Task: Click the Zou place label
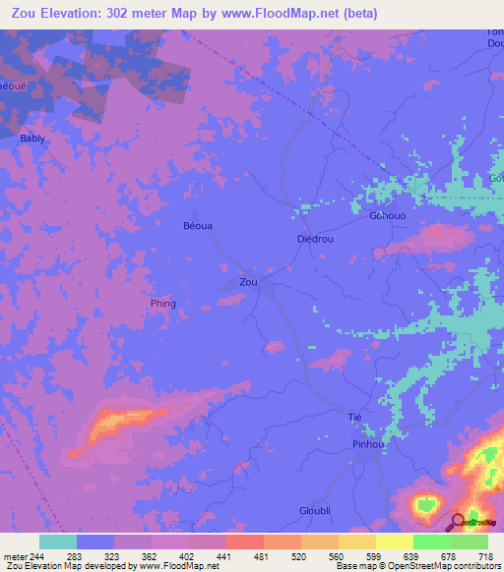[x=249, y=282]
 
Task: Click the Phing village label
[x=163, y=304]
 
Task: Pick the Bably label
[x=32, y=139]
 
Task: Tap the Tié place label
[x=355, y=418]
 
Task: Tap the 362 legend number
[x=151, y=555]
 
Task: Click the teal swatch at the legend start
[x=57, y=542]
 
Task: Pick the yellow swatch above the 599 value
[x=356, y=542]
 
